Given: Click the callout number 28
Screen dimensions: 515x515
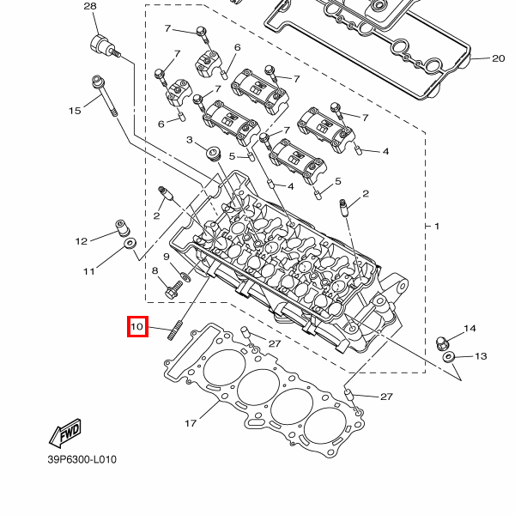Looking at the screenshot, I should tap(90, 7).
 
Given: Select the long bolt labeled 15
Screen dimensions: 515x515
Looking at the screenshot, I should tap(104, 98).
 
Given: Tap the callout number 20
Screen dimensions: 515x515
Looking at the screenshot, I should tap(499, 59).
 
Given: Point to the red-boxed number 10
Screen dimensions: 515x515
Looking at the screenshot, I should tap(137, 327).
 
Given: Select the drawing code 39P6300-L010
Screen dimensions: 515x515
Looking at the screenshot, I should tap(82, 459).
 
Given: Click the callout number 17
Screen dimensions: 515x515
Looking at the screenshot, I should tap(191, 423).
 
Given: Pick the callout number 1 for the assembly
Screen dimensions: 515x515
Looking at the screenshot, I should tap(436, 226).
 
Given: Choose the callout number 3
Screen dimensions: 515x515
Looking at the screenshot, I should tap(189, 140).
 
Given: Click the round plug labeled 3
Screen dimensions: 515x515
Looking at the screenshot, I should tap(212, 155).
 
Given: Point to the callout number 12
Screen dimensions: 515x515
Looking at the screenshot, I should tap(82, 240).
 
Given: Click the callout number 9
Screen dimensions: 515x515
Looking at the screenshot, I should tap(166, 257).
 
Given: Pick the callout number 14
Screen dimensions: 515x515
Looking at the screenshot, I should tap(470, 329).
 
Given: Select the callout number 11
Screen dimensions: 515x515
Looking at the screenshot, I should tap(88, 272).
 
